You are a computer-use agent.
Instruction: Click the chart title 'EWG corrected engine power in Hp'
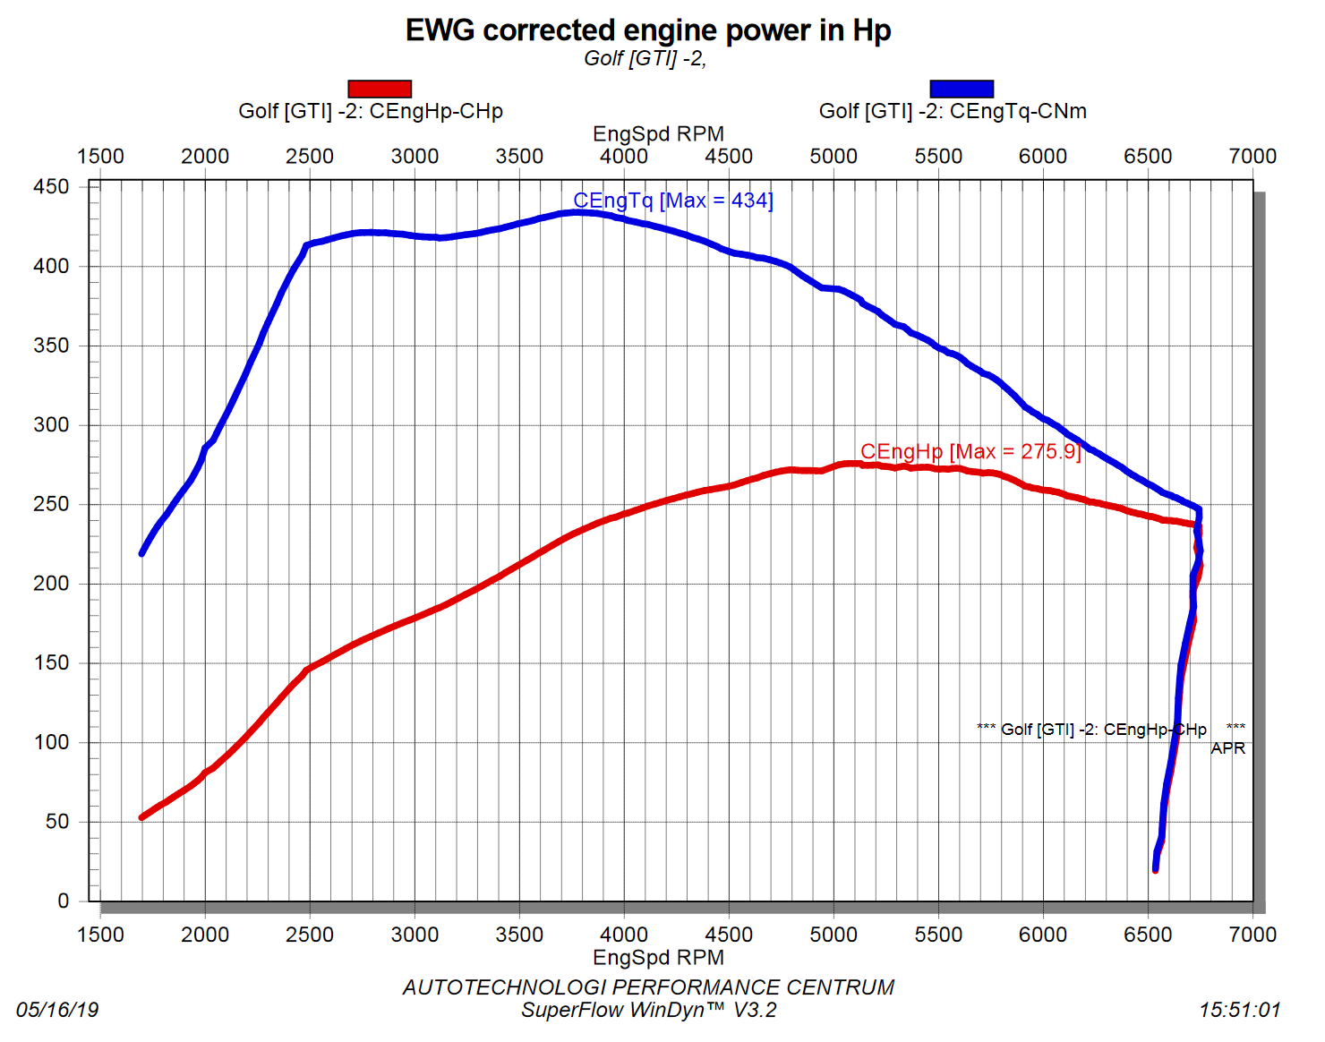[x=648, y=30]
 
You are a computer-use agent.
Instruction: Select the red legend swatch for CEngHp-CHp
[x=380, y=89]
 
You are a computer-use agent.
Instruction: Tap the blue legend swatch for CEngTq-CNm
[x=962, y=89]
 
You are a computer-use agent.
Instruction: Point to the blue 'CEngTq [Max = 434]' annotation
[x=673, y=201]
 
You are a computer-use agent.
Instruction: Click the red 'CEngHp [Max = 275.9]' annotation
[x=970, y=451]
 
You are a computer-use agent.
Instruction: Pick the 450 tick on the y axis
[x=51, y=187]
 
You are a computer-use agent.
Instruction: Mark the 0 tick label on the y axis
[x=63, y=901]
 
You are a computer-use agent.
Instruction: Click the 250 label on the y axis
[x=51, y=504]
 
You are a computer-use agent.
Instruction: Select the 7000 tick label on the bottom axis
[x=1252, y=935]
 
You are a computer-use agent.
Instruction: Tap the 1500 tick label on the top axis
[x=100, y=156]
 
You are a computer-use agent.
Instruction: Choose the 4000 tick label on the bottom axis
[x=624, y=935]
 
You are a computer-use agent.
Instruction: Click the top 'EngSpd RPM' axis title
[x=658, y=134]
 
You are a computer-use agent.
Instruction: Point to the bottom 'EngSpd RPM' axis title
[x=658, y=958]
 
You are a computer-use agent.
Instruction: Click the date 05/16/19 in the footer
[x=57, y=1011]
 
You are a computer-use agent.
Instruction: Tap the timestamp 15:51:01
[x=1240, y=1011]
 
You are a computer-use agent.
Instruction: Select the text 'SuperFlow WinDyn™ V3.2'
[x=649, y=1011]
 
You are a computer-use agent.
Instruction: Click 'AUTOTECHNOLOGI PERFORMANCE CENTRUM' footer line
[x=648, y=987]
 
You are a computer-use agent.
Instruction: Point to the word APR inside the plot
[x=1227, y=748]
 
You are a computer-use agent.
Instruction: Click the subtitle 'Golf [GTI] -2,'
[x=645, y=59]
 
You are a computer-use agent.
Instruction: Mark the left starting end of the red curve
[x=142, y=817]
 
